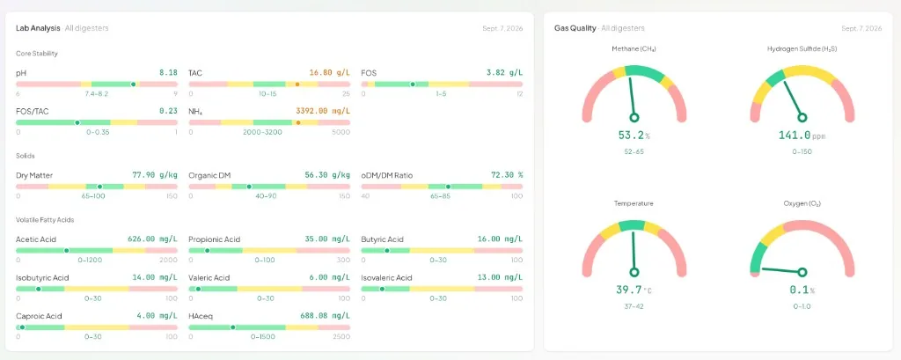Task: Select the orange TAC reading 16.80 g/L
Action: click(x=329, y=73)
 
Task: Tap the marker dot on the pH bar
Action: click(x=134, y=84)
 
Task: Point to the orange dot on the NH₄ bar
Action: click(x=297, y=122)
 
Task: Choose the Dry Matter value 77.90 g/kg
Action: click(x=155, y=175)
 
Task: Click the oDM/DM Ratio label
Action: click(x=387, y=175)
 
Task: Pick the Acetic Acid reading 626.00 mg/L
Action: click(x=152, y=239)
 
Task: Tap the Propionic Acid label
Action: click(x=215, y=239)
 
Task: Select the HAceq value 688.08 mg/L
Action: click(x=325, y=316)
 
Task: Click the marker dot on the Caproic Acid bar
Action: click(x=22, y=327)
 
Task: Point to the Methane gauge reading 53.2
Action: click(x=631, y=136)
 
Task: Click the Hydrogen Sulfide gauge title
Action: click(x=802, y=49)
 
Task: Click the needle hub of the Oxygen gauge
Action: click(x=802, y=272)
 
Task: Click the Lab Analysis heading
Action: click(x=38, y=27)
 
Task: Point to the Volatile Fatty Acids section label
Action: click(x=45, y=220)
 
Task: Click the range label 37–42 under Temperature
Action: click(x=634, y=306)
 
